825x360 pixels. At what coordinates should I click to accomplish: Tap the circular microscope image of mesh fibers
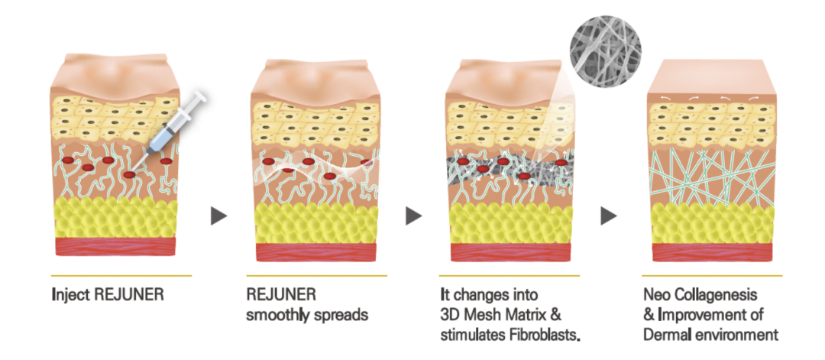pyautogui.click(x=605, y=51)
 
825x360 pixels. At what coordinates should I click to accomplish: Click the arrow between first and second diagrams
pyautogui.click(x=218, y=216)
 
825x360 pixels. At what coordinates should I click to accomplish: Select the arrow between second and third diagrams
pyautogui.click(x=413, y=216)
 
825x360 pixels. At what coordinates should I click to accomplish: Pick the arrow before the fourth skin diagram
pyautogui.click(x=609, y=216)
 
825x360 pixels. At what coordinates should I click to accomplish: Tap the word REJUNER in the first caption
pyautogui.click(x=128, y=294)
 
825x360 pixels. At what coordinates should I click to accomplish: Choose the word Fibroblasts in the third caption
pyautogui.click(x=543, y=335)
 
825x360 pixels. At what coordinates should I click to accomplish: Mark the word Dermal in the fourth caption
pyautogui.click(x=665, y=335)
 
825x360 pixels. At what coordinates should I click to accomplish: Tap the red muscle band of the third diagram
pyautogui.click(x=511, y=252)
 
